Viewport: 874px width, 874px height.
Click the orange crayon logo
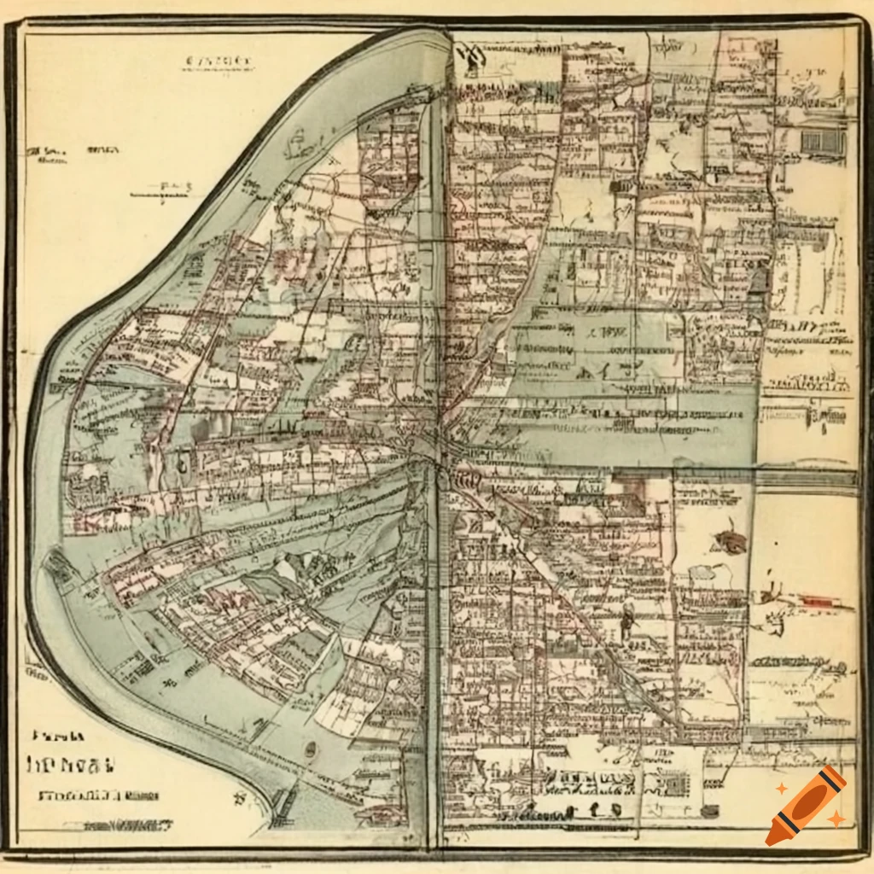click(x=806, y=806)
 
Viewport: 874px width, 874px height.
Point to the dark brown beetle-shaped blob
click(x=731, y=541)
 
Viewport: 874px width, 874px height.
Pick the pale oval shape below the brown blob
click(x=702, y=572)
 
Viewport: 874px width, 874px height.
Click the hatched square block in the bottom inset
click(x=675, y=782)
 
